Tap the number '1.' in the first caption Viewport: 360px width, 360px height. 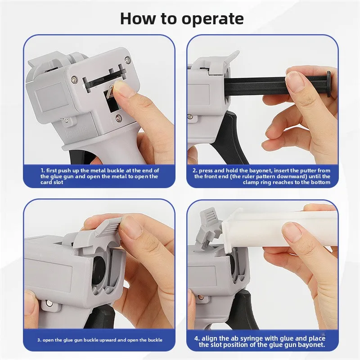[43, 171]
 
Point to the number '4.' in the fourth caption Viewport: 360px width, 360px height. [198, 338]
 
